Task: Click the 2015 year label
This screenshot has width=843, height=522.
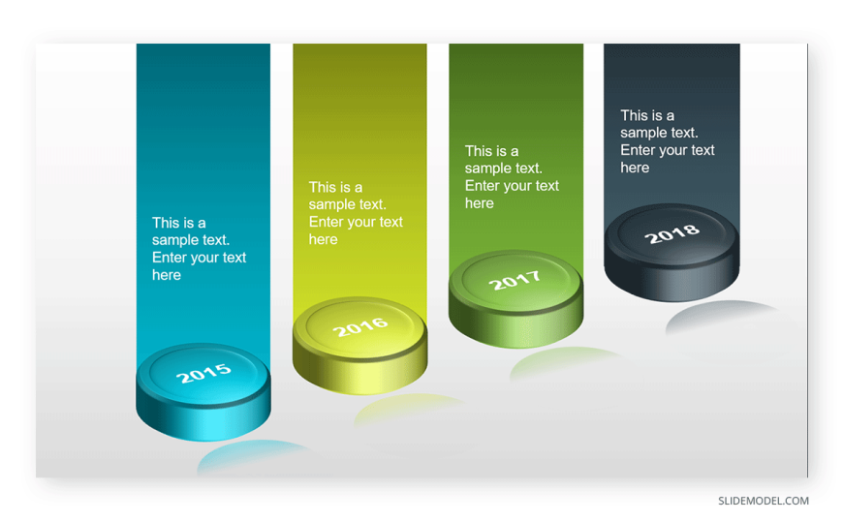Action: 203,373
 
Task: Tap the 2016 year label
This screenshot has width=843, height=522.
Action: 360,326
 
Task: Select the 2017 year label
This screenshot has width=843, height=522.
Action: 515,280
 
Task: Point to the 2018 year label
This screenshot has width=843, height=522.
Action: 672,233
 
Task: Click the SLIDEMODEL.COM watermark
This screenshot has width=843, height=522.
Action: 764,501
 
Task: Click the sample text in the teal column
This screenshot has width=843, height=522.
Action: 199,248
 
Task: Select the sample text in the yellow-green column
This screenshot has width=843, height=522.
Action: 356,213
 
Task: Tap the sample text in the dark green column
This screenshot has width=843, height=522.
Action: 512,177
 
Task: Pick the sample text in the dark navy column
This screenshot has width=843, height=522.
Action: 668,141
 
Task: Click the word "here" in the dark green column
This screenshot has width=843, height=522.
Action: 479,203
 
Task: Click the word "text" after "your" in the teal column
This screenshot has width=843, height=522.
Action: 234,258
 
